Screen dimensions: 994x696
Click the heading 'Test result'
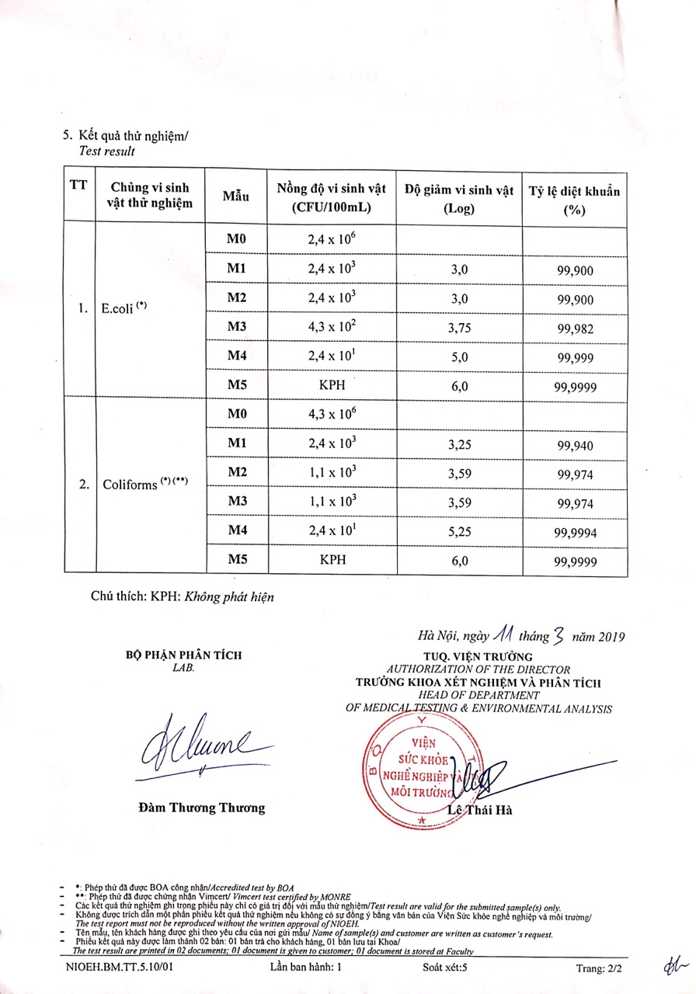106,152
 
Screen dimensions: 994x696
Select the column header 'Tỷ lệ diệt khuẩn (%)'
574,200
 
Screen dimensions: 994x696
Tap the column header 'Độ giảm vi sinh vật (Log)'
459,199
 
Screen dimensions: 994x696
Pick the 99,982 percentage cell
575,329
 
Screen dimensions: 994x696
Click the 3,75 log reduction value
459,328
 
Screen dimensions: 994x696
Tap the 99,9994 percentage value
575,532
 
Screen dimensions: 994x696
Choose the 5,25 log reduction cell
459,532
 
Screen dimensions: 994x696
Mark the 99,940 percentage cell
575,446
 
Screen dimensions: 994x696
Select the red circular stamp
419,768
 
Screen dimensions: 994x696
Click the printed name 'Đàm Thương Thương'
201,808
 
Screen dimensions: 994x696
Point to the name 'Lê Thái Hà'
480,811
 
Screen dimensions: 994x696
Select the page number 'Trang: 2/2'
599,968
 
